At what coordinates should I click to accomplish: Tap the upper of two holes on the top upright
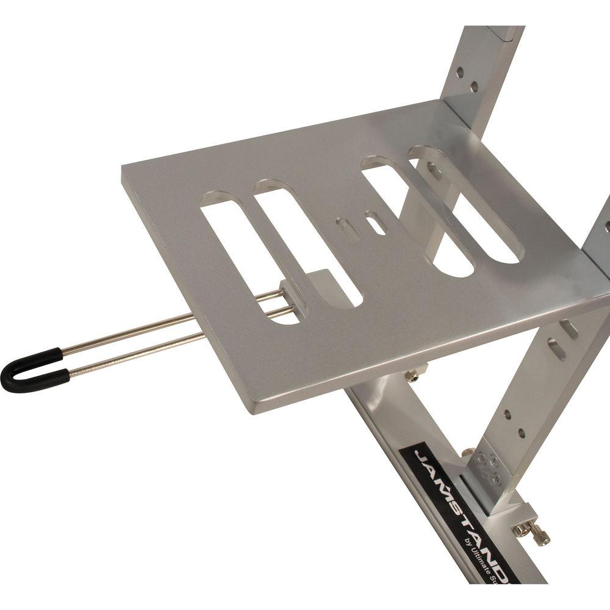459,71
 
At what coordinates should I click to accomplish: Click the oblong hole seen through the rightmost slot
434,171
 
